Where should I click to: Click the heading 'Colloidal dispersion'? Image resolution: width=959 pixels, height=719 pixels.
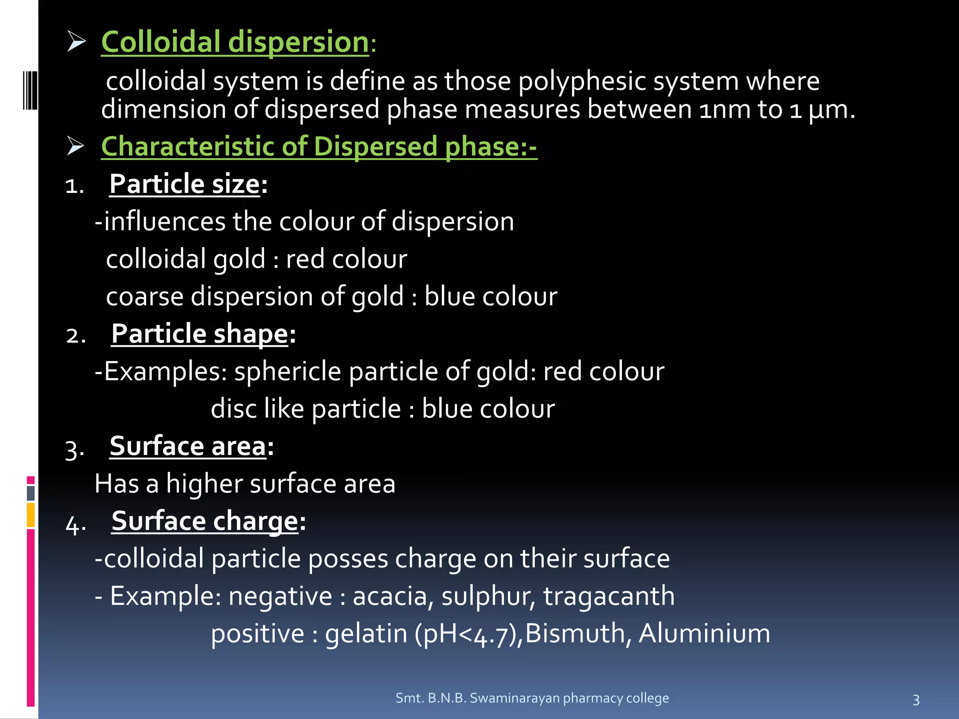click(235, 42)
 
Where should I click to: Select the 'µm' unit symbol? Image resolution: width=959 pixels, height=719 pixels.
click(828, 110)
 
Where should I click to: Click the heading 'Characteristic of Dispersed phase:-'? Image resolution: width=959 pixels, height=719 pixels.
click(319, 147)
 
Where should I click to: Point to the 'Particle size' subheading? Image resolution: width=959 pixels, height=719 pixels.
click(184, 184)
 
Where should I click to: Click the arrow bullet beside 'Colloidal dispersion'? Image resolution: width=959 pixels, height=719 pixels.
click(76, 41)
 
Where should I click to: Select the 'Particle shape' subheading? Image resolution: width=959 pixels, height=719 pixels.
click(199, 334)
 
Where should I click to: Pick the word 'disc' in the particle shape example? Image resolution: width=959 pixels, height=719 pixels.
click(233, 409)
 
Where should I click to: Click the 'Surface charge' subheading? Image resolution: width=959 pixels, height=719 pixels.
click(205, 521)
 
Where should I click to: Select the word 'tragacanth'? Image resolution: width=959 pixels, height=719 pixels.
click(609, 596)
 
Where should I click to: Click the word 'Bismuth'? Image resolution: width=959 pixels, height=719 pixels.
click(574, 634)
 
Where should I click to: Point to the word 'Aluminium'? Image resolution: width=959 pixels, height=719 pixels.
click(704, 634)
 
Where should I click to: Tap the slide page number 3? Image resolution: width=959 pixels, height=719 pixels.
click(916, 700)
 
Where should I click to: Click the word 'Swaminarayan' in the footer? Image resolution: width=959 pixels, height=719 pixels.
click(515, 698)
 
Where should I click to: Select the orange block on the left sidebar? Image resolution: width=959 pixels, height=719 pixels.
click(30, 515)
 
